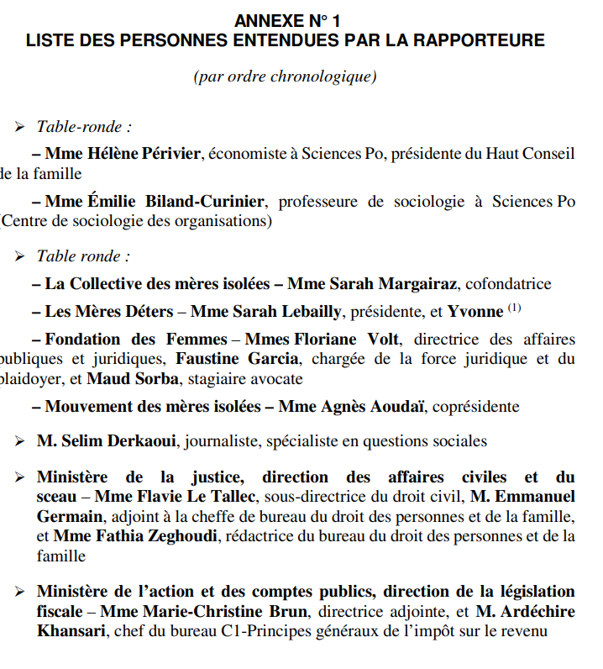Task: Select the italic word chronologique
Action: (x=323, y=76)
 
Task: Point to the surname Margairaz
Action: (x=418, y=284)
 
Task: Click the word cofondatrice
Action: (x=509, y=284)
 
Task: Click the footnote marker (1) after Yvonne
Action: (x=514, y=308)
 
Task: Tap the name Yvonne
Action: (x=475, y=312)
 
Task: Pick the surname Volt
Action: (x=383, y=340)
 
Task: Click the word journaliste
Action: (x=222, y=441)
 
